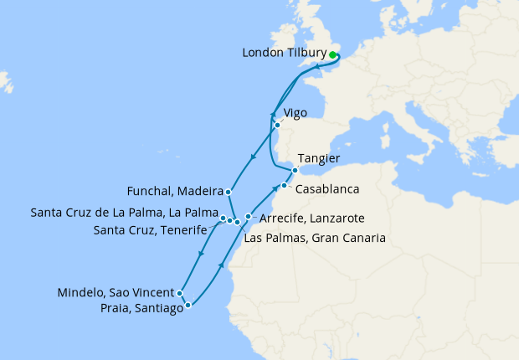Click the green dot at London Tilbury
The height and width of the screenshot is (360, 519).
[x=332, y=55]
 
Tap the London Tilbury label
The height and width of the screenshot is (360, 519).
[x=284, y=53]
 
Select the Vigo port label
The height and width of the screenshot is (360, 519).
[x=295, y=112]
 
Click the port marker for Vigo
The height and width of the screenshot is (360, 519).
[x=277, y=126]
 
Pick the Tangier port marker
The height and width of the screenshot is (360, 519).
[x=295, y=170]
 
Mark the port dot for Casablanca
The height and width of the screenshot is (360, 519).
[x=285, y=185]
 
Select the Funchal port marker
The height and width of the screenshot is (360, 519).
[x=228, y=192]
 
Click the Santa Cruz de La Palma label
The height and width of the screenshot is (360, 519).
[x=124, y=212]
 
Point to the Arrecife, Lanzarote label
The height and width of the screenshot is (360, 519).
[x=312, y=218]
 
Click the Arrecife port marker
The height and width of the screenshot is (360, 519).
[x=248, y=217]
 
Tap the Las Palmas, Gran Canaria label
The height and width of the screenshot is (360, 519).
[x=315, y=238]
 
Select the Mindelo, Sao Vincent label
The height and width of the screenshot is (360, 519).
[x=116, y=293]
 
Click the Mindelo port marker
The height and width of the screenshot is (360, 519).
[x=180, y=293]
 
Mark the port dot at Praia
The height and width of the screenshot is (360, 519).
[x=188, y=306]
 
